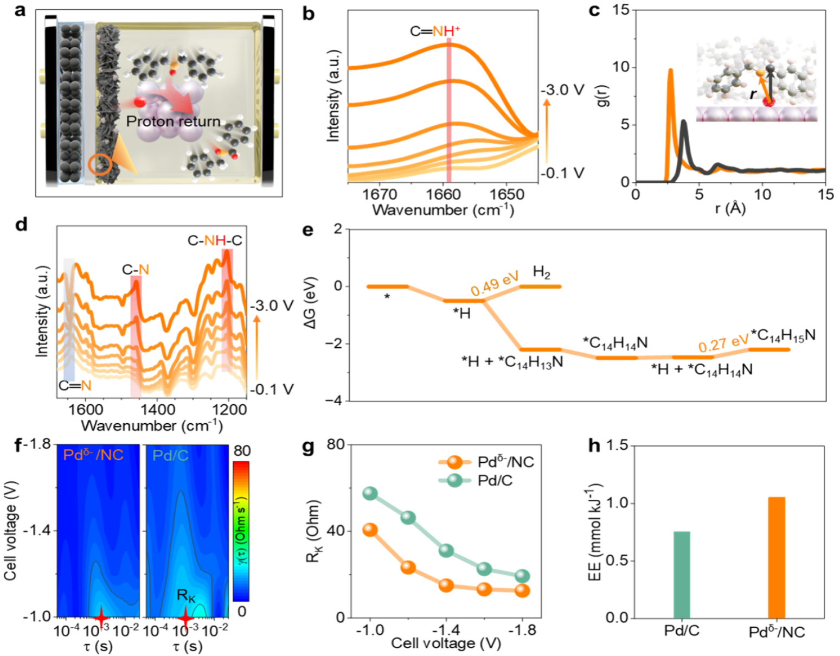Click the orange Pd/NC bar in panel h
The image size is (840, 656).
776,557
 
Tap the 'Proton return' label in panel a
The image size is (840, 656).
173,121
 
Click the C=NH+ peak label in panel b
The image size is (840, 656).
435,31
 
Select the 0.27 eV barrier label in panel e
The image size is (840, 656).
723,343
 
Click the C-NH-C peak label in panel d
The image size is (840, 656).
215,240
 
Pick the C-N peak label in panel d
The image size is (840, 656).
135,269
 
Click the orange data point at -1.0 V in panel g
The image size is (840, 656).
370,530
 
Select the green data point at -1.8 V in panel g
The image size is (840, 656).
522,576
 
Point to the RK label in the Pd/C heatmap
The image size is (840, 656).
186,595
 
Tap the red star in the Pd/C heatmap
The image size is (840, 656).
185,617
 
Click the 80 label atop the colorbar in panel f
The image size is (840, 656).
242,451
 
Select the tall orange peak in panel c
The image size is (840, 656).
671,71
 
